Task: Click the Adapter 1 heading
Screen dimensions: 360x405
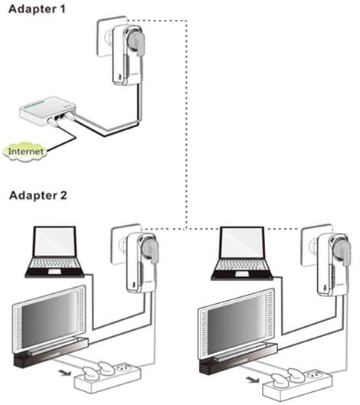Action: tap(37, 9)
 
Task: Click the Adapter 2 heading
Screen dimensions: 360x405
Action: tap(38, 195)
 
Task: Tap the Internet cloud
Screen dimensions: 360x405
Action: tap(25, 152)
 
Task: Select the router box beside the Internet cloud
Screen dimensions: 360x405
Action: tap(48, 111)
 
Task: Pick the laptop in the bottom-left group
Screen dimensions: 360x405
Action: tap(55, 252)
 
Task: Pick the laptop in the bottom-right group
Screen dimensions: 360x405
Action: tap(242, 253)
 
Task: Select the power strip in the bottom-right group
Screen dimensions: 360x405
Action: tap(297, 385)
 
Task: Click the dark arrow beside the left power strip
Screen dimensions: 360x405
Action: tap(64, 373)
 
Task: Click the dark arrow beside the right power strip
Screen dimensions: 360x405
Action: tap(252, 380)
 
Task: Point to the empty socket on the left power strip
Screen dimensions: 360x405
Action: tap(124, 367)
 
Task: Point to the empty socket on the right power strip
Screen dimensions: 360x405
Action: tap(315, 375)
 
